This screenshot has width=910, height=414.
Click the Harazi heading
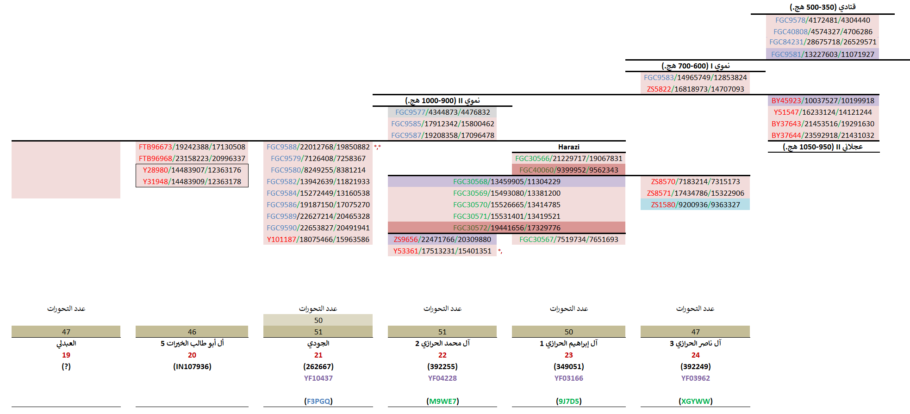pos(568,147)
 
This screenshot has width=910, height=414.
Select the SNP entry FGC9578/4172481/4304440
pos(823,20)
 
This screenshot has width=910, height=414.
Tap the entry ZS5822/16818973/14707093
pos(695,89)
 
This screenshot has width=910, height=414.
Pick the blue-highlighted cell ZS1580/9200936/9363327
pos(695,205)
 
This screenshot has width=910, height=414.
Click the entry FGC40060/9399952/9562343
pos(568,170)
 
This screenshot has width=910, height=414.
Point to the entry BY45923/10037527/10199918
pos(823,101)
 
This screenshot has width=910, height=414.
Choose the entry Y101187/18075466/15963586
pos(318,240)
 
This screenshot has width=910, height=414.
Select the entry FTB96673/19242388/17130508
pos(192,147)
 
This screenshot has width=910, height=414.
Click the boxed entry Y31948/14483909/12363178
pos(192,182)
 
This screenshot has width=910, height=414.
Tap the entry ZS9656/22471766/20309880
pos(442,240)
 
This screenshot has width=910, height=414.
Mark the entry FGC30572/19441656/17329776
pos(506,228)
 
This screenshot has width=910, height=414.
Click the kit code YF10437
pos(318,378)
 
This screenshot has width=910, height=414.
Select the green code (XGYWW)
pos(695,402)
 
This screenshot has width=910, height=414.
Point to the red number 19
pos(66,355)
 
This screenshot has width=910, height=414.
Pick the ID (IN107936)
pos(192,367)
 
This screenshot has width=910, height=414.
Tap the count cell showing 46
pos(192,332)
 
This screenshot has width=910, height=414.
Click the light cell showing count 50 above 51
pos(318,321)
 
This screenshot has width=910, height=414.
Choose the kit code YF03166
pos(568,378)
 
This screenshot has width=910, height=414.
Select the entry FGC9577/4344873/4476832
pos(442,112)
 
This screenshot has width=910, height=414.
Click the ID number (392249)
pos(695,367)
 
